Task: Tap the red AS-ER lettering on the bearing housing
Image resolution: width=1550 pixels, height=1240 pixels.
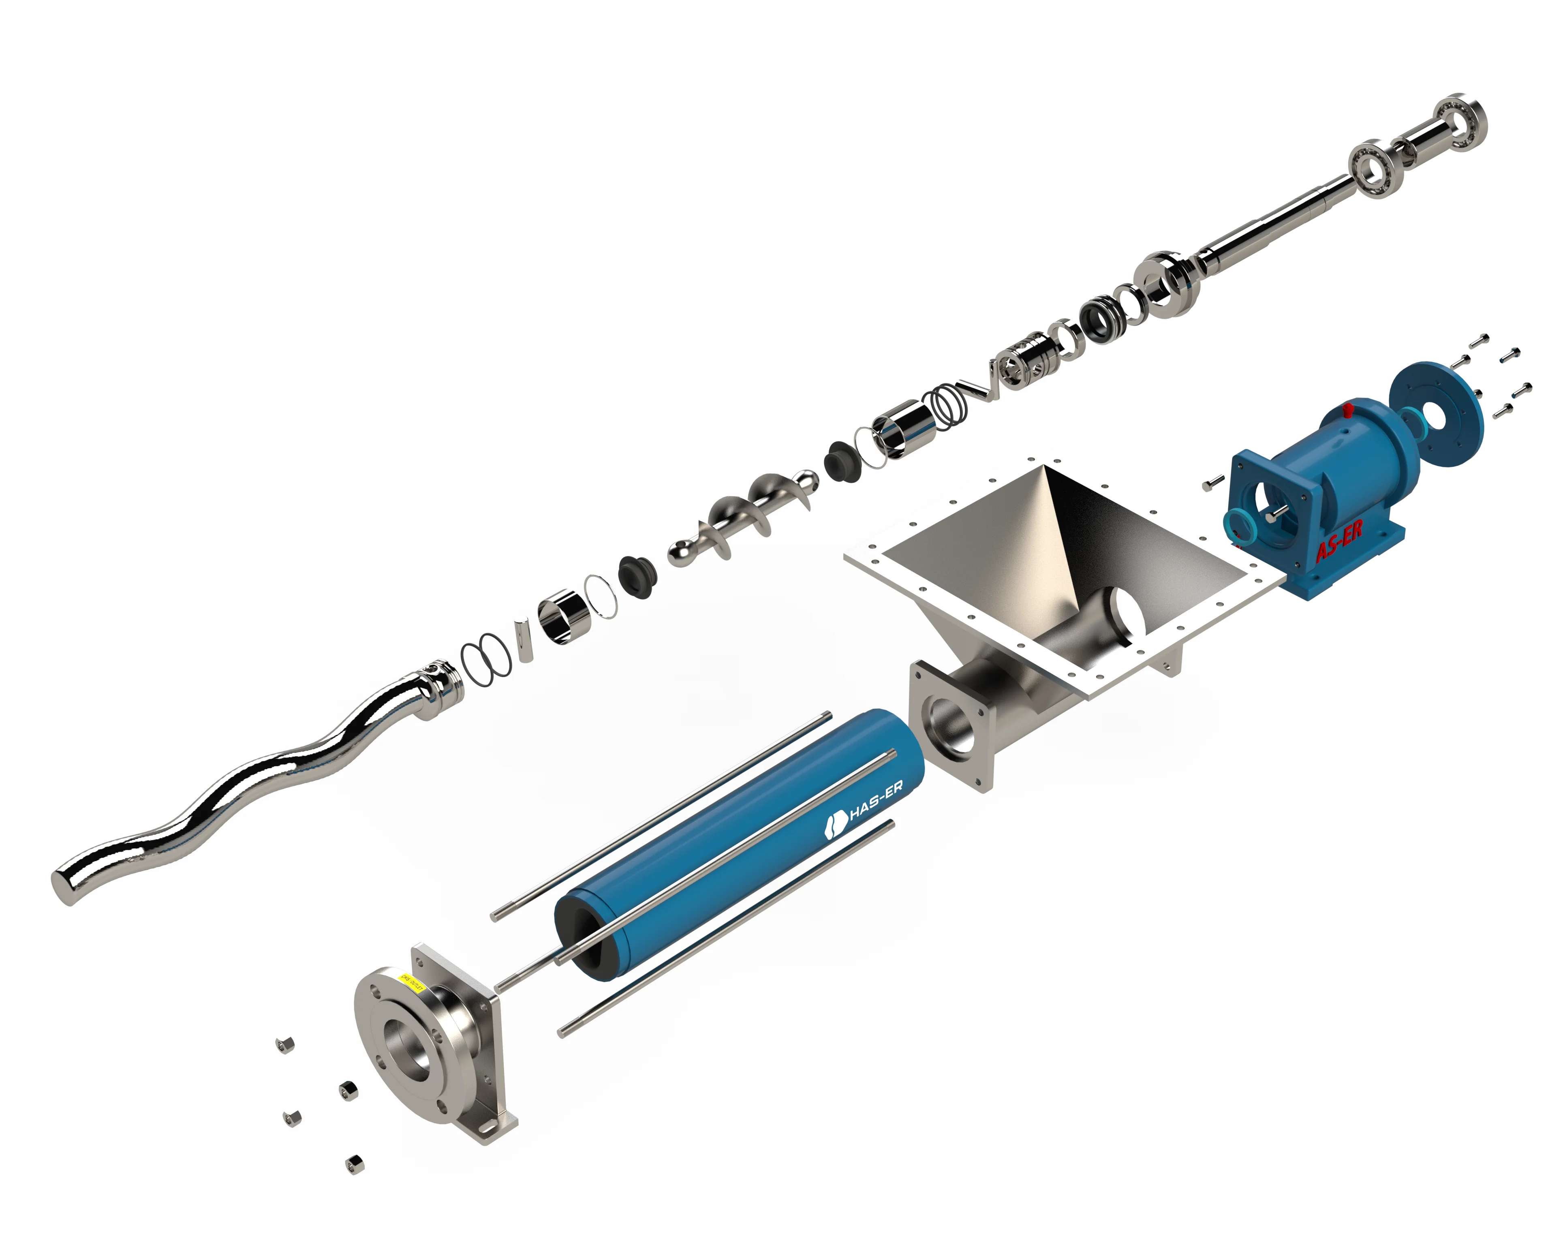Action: coord(1338,541)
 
